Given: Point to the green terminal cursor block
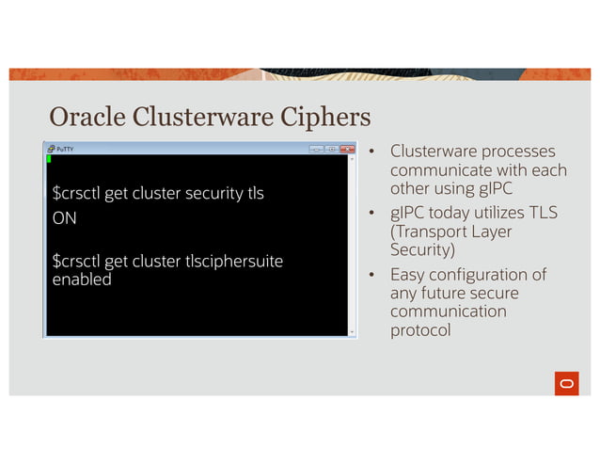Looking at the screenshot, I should [49, 159].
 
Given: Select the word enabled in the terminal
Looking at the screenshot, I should [81, 280].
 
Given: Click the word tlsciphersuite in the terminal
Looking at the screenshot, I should [236, 261].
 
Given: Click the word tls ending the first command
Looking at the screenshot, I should [255, 194].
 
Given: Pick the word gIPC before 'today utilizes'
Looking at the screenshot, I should [408, 213].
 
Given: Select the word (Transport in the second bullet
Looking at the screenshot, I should [430, 232].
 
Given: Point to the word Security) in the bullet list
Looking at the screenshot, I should [422, 250].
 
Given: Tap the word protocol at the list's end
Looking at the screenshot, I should [420, 330].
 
